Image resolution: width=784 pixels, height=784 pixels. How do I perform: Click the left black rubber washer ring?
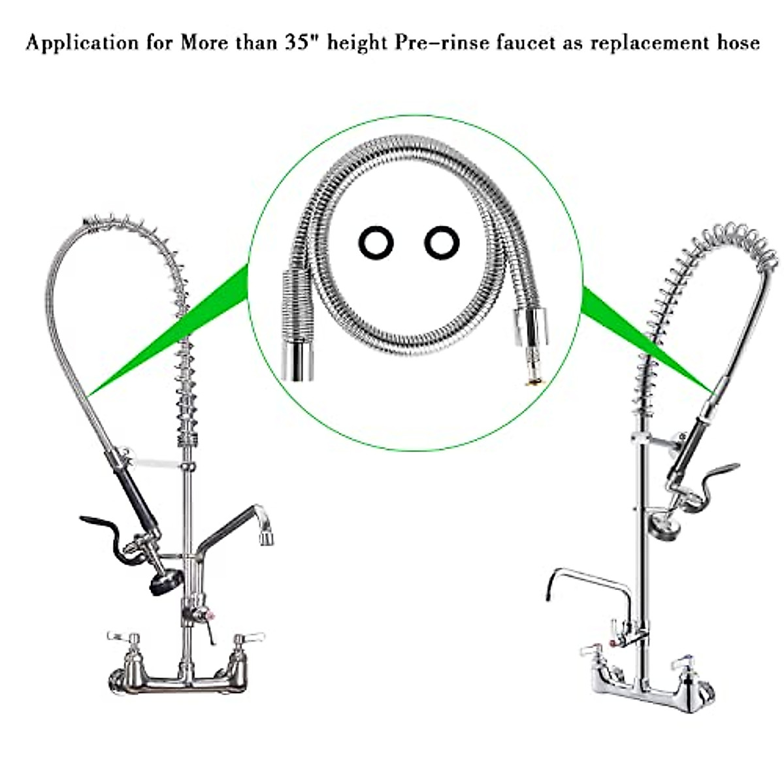pyautogui.click(x=376, y=244)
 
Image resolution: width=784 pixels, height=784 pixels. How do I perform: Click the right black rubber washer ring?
pyautogui.click(x=442, y=243)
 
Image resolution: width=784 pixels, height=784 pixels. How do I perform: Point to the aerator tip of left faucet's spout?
pyautogui.click(x=267, y=537)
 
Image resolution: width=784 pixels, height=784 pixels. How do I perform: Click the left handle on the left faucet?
pyautogui.click(x=122, y=635)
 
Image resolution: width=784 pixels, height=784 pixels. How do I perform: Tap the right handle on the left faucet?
pyautogui.click(x=250, y=636)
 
